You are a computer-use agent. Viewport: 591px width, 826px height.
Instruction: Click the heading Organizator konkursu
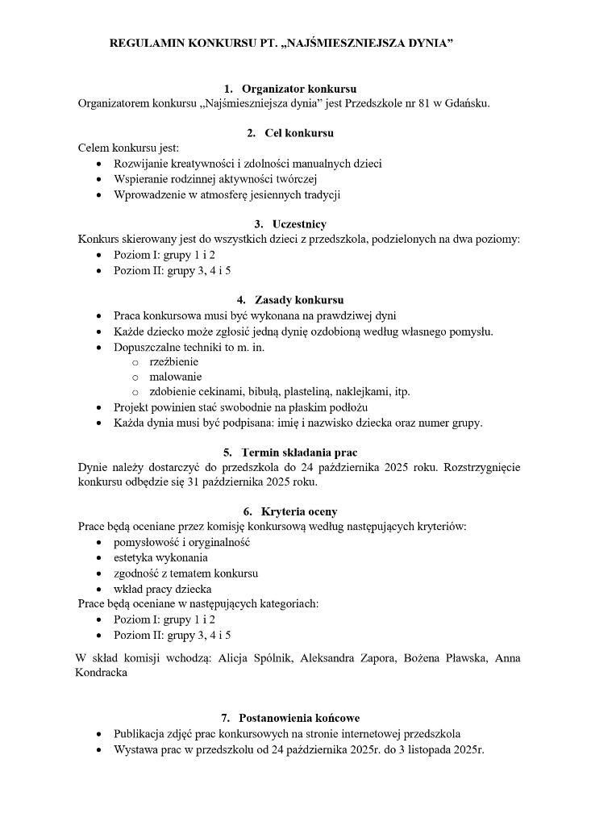(x=299, y=88)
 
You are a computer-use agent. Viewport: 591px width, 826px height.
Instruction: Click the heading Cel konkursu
(x=299, y=133)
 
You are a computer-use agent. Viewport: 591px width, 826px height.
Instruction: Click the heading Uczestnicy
(x=299, y=223)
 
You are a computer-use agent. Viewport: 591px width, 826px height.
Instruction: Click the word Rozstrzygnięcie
(x=481, y=467)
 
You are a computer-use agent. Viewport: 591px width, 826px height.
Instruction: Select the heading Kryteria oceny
(x=299, y=511)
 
